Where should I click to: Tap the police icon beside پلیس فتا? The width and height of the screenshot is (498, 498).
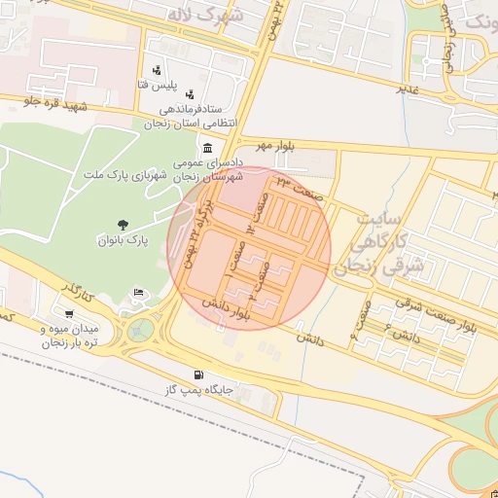coord(157,69)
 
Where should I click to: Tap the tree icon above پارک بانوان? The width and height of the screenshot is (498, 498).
coord(122,225)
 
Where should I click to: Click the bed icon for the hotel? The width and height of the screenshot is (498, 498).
coord(139,293)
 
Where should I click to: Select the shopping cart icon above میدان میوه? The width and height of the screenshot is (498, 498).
coord(69,313)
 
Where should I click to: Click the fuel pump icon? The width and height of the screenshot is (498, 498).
coord(199,374)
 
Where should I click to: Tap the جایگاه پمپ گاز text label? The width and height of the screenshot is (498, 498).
coord(199,389)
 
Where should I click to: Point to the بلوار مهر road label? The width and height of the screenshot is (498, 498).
coord(274,145)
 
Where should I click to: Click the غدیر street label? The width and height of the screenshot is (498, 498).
coord(407,89)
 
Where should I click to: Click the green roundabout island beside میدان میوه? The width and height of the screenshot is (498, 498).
coord(138,329)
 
